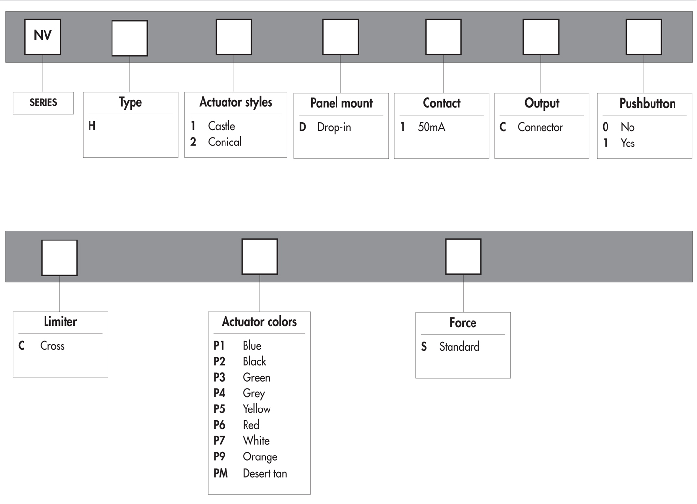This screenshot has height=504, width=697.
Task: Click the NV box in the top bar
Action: coord(43,37)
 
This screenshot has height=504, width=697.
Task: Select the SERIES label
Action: coord(43,102)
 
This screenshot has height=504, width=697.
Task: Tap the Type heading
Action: coord(131,102)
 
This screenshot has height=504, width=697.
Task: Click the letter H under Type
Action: coord(92,126)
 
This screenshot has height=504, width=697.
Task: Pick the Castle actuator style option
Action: coord(221,126)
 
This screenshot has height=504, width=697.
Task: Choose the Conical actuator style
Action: coord(225,142)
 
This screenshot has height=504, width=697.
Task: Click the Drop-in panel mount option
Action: coord(334,127)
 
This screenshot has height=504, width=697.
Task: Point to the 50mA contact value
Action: coord(431,127)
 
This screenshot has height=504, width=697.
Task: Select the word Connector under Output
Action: coord(540,127)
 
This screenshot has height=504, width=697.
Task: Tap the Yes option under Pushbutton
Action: coord(627,143)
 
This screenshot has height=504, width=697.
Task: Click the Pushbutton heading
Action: coord(647,103)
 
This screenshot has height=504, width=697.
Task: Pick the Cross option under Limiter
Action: coord(52,346)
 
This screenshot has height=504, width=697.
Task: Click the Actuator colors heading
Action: coord(259,321)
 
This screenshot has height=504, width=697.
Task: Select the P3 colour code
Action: coord(219,377)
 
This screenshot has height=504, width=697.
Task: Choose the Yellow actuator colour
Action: coord(257,409)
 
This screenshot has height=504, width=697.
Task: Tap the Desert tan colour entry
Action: coord(265,473)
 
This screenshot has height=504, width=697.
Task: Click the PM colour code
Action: coord(221,473)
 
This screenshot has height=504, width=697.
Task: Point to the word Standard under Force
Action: coord(459,347)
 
